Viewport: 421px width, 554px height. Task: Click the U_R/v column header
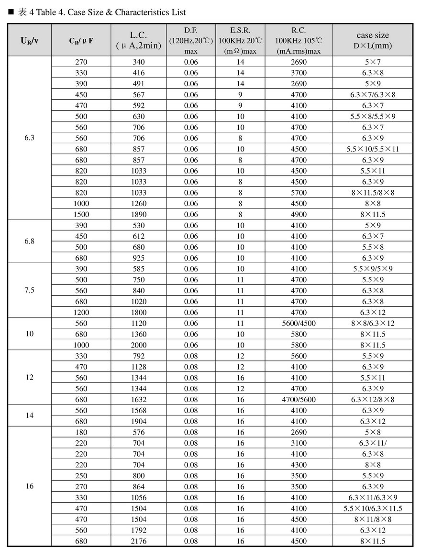(x=29, y=40)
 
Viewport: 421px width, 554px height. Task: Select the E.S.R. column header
(x=240, y=40)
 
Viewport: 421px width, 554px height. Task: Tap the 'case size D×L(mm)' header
(x=373, y=40)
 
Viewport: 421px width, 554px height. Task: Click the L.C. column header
(x=138, y=40)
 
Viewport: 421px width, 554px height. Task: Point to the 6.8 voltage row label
(x=29, y=242)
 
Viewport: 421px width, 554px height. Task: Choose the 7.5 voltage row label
(x=29, y=290)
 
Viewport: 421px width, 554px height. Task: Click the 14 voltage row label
(x=29, y=415)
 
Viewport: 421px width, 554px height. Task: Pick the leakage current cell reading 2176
(x=139, y=541)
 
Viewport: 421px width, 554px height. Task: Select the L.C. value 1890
(x=139, y=214)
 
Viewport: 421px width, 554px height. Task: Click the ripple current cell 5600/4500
(x=299, y=323)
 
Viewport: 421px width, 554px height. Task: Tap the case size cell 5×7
(x=373, y=62)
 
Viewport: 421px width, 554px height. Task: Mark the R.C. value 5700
(x=299, y=193)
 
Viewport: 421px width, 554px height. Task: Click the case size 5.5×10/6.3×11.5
(x=373, y=508)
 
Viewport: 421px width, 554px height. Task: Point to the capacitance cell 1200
(x=81, y=312)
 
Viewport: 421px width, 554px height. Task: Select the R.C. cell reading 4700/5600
(x=299, y=400)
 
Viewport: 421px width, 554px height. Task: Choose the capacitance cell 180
(x=81, y=432)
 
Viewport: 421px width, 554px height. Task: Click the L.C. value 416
(x=139, y=73)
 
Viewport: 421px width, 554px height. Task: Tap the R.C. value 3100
(x=299, y=443)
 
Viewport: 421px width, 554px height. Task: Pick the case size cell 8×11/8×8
(x=373, y=519)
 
